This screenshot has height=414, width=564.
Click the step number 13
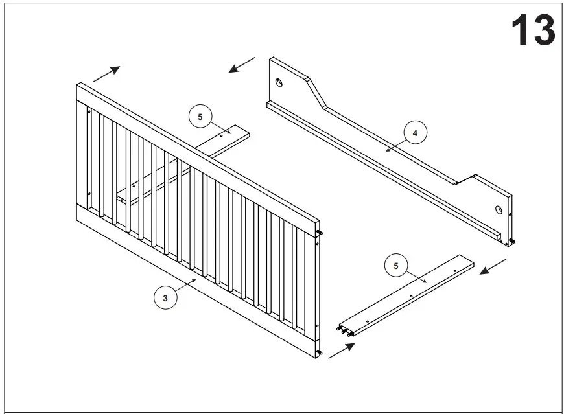pyautogui.click(x=533, y=30)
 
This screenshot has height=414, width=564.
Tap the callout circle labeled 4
pyautogui.click(x=415, y=132)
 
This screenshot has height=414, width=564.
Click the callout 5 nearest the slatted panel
pyautogui.click(x=200, y=117)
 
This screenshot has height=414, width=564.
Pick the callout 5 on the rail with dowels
pyautogui.click(x=396, y=265)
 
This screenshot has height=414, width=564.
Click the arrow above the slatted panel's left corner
pyautogui.click(x=107, y=73)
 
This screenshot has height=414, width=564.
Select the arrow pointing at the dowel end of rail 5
pyautogui.click(x=342, y=351)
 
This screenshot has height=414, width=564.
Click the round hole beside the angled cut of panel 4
pyautogui.click(x=279, y=82)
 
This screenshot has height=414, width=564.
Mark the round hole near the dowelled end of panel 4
pyautogui.click(x=499, y=210)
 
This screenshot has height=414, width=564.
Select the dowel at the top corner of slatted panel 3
pyautogui.click(x=320, y=233)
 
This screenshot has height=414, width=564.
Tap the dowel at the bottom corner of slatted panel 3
pyautogui.click(x=319, y=352)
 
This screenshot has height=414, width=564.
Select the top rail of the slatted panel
pyautogui.click(x=194, y=149)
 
